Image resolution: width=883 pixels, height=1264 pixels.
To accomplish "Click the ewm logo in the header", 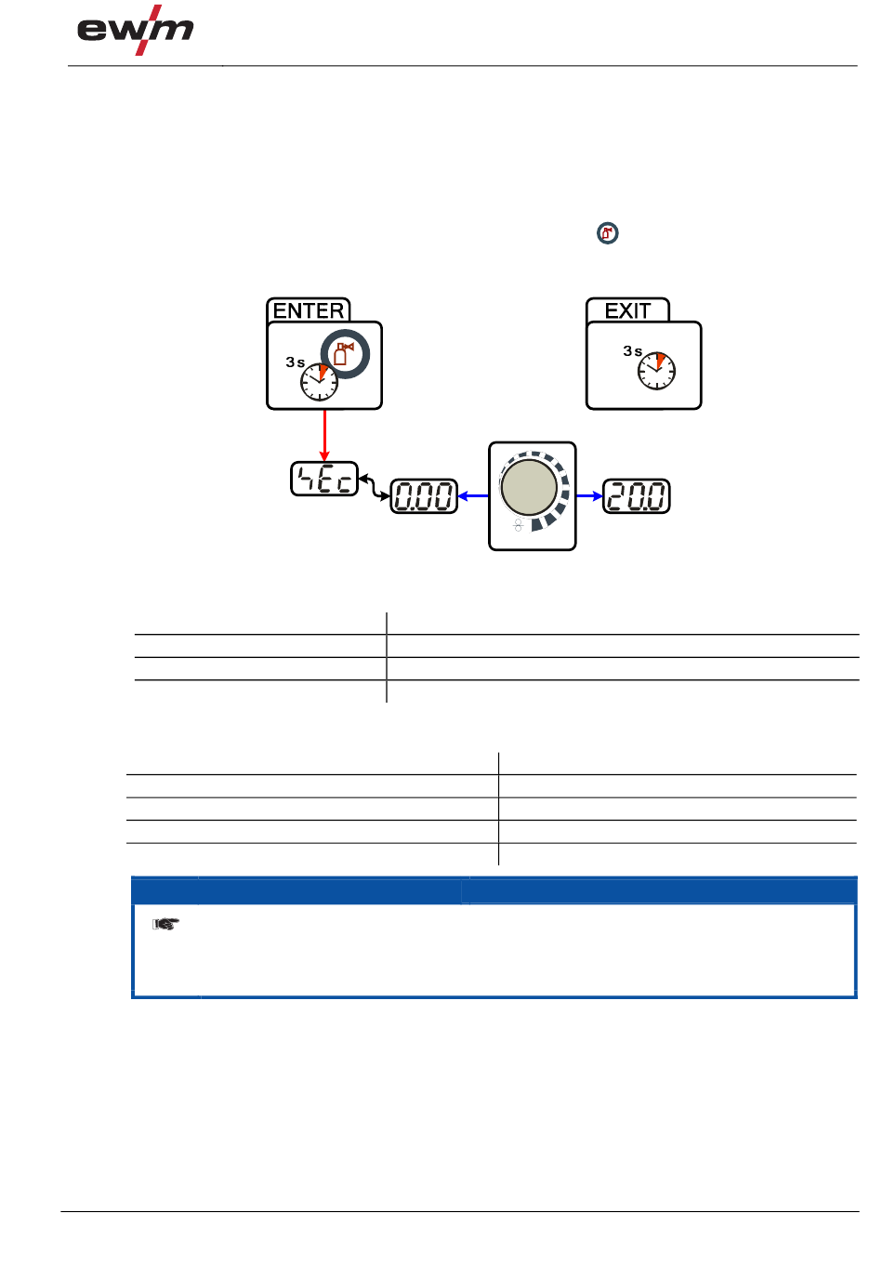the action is pyautogui.click(x=135, y=32).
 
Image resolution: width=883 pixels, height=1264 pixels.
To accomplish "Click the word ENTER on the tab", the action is pyautogui.click(x=309, y=310).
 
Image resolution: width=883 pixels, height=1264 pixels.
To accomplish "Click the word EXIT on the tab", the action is pyautogui.click(x=627, y=310).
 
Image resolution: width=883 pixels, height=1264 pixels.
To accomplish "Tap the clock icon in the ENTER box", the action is pyautogui.click(x=319, y=382).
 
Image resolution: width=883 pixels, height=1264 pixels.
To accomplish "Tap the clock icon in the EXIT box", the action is pyautogui.click(x=656, y=371).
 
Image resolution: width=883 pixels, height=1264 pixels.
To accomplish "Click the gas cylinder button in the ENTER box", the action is pyautogui.click(x=345, y=353).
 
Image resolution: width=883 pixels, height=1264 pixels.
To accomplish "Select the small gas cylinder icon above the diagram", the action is pyautogui.click(x=608, y=233).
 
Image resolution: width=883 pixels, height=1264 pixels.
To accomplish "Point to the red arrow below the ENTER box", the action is pyautogui.click(x=324, y=435).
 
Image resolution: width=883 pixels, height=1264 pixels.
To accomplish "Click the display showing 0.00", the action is pyautogui.click(x=424, y=496).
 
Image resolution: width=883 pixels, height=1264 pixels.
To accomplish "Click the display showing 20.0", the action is pyautogui.click(x=637, y=496).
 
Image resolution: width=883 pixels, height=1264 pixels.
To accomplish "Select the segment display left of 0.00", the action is pyautogui.click(x=324, y=479).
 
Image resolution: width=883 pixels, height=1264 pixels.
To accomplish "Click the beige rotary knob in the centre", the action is pyautogui.click(x=529, y=486).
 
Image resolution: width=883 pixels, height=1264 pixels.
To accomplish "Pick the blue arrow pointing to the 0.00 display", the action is pyautogui.click(x=473, y=496).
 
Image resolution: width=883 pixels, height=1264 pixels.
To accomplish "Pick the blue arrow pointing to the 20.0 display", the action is pyautogui.click(x=589, y=496).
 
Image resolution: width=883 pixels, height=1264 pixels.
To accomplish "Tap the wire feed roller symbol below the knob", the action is pyautogui.click(x=519, y=525).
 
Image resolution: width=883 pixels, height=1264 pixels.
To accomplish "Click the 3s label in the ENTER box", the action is pyautogui.click(x=296, y=362).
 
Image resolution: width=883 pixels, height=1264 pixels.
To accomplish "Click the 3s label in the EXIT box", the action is pyautogui.click(x=633, y=351).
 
